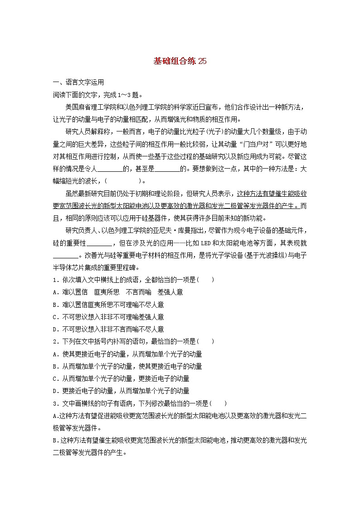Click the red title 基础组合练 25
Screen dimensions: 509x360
180,62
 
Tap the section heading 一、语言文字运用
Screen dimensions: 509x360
78,82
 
